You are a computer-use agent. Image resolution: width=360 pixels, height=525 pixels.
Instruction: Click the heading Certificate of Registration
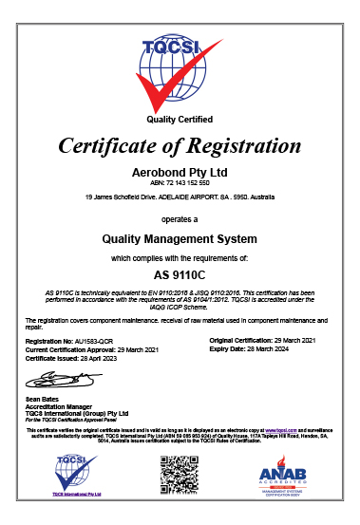tap(180, 146)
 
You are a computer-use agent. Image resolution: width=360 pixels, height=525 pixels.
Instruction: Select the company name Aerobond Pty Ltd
tap(180, 173)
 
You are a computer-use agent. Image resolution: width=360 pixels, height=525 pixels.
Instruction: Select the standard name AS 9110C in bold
tap(180, 275)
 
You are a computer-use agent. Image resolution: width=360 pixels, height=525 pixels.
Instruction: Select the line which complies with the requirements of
tap(180, 257)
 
